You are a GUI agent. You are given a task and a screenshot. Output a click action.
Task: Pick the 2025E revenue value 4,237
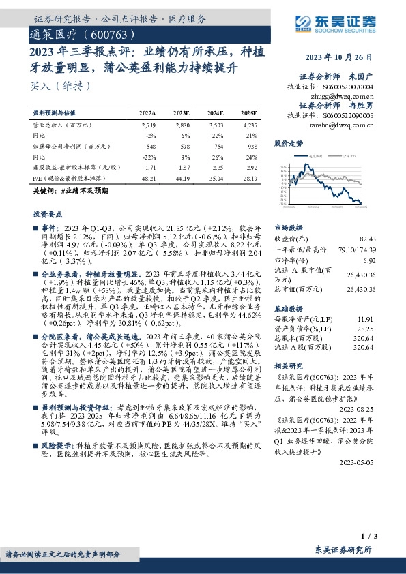coord(249,126)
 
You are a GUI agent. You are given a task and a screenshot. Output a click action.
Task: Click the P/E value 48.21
coord(147,177)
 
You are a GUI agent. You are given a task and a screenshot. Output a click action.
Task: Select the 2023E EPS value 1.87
coord(183,166)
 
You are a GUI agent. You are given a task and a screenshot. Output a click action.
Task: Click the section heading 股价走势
coord(288,144)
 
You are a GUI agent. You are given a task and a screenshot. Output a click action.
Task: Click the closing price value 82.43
coord(368,239)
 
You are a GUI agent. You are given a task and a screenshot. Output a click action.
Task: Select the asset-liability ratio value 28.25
coord(368,327)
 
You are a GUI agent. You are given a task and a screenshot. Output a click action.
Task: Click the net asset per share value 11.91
coord(368,318)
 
